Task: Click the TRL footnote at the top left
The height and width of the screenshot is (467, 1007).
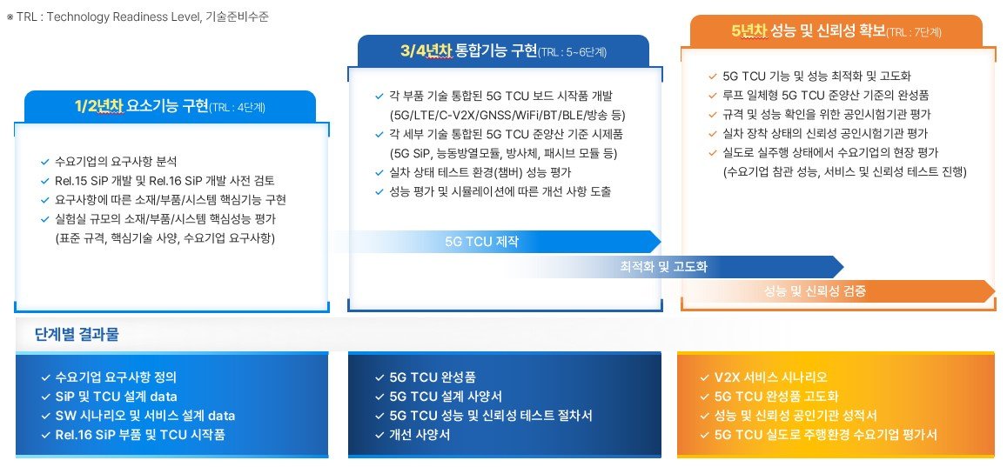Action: click(x=138, y=17)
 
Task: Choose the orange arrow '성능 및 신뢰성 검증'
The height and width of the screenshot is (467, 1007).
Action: click(x=838, y=291)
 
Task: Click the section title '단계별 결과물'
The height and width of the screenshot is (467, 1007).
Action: click(x=77, y=334)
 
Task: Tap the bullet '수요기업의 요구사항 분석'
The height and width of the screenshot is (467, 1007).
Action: click(x=117, y=161)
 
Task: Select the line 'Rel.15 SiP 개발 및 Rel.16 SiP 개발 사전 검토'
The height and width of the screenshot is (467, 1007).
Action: click(x=165, y=180)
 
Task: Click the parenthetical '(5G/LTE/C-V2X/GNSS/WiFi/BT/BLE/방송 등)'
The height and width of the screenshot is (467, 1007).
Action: click(x=507, y=116)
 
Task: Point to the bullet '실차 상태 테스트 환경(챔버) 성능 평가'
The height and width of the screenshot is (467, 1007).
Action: click(x=480, y=172)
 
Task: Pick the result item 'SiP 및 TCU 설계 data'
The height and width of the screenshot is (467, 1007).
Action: click(x=117, y=397)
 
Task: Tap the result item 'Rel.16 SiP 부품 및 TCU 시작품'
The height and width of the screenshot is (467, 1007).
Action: click(x=141, y=435)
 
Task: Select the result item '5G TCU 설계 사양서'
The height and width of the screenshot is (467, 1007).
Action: click(x=446, y=397)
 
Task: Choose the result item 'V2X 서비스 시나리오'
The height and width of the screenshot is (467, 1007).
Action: click(x=770, y=377)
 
